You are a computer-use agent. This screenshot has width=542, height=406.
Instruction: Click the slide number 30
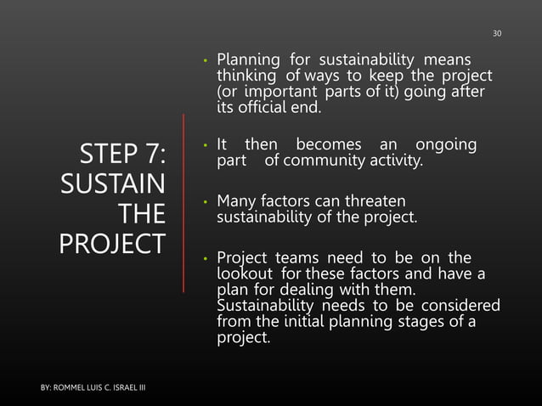(498, 33)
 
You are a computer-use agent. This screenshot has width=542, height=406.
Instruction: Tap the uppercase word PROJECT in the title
(112, 242)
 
